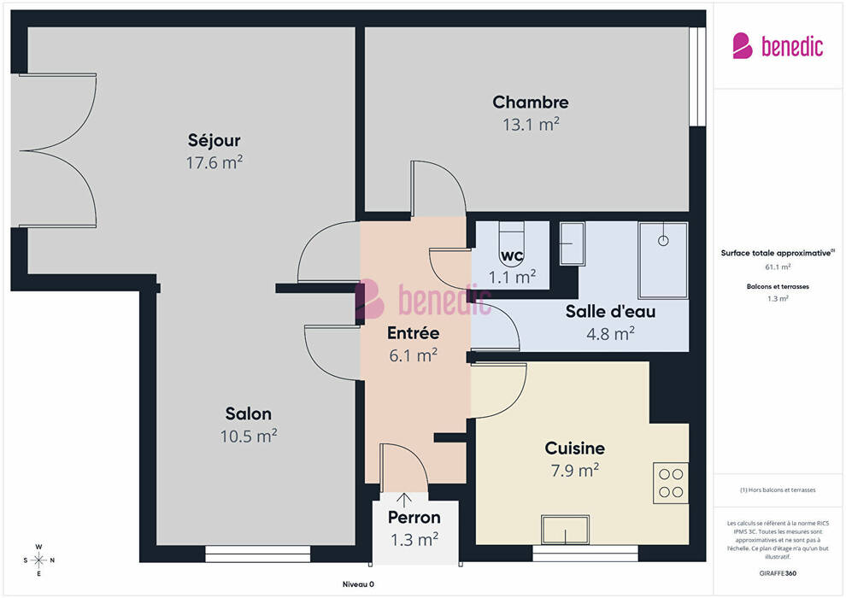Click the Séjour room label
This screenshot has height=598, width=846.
coord(214,141)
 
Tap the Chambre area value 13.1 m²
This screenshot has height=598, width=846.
coord(531,125)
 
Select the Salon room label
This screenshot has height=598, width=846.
coord(248,413)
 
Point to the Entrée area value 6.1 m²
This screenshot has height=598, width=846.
coord(414,355)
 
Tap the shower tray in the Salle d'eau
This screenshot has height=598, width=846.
coord(663,260)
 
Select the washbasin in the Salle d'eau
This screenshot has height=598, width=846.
coord(573,243)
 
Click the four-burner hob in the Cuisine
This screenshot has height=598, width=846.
coord(671,484)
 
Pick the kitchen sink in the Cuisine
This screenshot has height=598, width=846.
coord(566,530)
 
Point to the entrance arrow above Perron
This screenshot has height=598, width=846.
coord(404,499)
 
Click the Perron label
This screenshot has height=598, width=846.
coord(414,518)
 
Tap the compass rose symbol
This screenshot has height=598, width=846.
coord(38,560)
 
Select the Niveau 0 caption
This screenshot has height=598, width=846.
coord(358,584)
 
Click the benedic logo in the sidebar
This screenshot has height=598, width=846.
coord(778,46)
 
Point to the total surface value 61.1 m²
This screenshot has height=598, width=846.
coord(778,267)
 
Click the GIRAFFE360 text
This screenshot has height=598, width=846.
coord(778,573)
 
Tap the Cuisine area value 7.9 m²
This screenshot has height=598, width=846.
coord(575,471)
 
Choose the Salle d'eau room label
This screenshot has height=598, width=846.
coord(611,311)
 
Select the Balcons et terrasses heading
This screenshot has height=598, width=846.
coord(778,286)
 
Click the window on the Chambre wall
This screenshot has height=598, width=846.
coord(697,77)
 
